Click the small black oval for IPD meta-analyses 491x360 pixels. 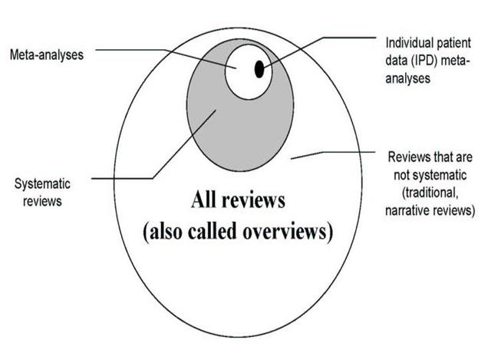259,70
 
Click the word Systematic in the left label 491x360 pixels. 42,183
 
